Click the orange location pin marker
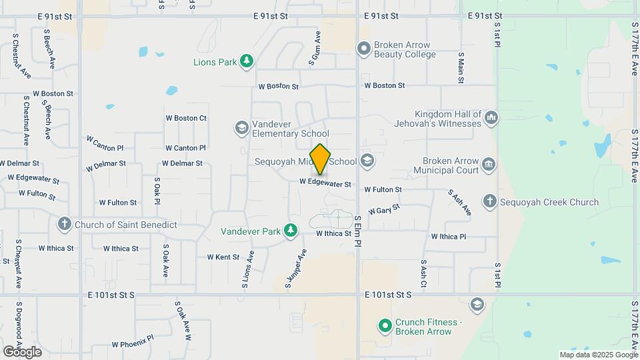tap(321, 159)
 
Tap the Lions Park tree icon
tap(247, 62)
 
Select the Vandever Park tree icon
tap(290, 231)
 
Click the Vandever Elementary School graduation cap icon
tap(241, 127)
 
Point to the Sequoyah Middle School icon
tap(367, 161)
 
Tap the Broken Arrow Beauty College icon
tap(363, 48)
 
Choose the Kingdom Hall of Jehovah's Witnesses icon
tap(491, 117)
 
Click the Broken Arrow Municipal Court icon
tap(489, 164)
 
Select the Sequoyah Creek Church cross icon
tap(489, 201)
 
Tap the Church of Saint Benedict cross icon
tap(65, 224)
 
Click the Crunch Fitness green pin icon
tap(385, 326)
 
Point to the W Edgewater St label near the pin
tap(325, 183)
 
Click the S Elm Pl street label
tap(358, 231)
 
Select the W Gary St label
tap(383, 209)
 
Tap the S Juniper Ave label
tap(297, 269)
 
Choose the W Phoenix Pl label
tap(133, 344)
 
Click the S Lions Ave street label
tap(248, 269)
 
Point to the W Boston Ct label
tap(186, 118)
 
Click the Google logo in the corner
tap(22, 351)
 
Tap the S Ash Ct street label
tap(423, 274)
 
